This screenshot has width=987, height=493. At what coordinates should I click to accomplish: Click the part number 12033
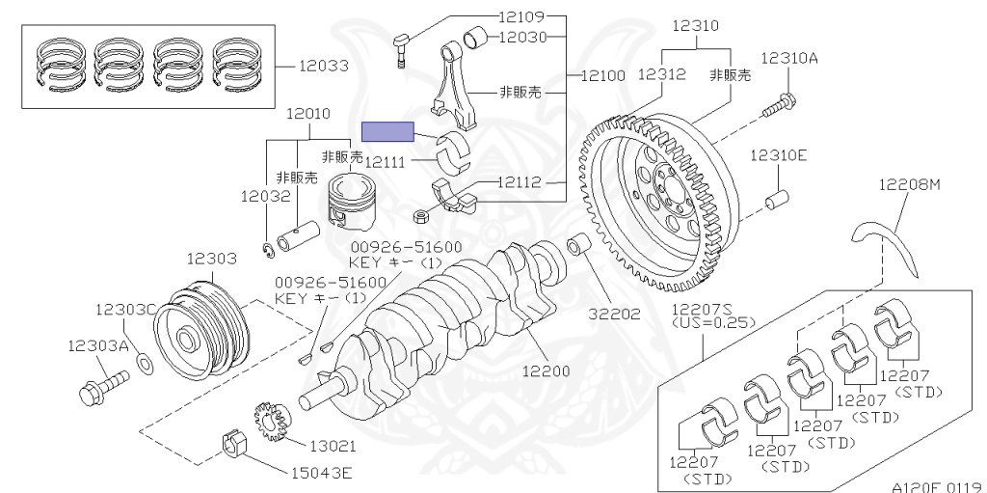point(323,67)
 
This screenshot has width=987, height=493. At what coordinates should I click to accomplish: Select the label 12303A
point(97,344)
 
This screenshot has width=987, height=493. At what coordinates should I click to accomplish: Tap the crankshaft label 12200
point(546,370)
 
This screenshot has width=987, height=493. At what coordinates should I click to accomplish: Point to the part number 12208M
point(908,185)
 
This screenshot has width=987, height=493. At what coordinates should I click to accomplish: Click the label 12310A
point(788,58)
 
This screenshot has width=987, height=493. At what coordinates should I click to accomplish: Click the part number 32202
point(615,314)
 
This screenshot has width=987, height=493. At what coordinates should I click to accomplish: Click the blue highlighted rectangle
point(387,131)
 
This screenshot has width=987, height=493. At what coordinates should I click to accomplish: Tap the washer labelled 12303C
point(145,363)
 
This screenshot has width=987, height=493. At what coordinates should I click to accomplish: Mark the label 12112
point(520,181)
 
